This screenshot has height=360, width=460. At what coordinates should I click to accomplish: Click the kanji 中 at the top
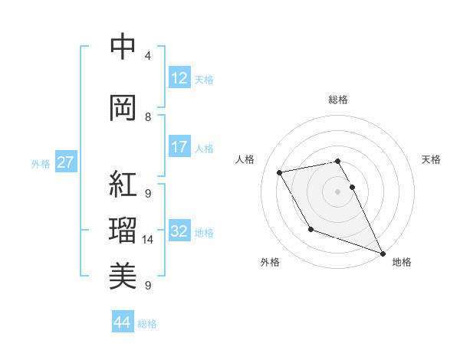(x=123, y=47)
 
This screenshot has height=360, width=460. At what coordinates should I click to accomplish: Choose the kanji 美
(x=123, y=274)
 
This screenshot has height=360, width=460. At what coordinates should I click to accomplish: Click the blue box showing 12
(x=179, y=78)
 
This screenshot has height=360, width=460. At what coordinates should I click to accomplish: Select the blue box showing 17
(x=179, y=147)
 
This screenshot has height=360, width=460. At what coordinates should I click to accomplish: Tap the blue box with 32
(x=179, y=232)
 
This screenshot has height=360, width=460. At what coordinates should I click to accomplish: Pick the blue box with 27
(x=66, y=162)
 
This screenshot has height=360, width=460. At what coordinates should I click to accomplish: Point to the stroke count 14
(x=148, y=240)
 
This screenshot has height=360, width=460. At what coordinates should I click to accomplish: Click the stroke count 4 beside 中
(x=148, y=56)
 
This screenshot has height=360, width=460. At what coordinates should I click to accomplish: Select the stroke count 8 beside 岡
(x=148, y=117)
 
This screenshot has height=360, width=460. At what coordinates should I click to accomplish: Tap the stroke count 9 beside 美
(x=148, y=286)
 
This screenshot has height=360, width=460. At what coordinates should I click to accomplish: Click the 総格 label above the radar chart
(x=338, y=100)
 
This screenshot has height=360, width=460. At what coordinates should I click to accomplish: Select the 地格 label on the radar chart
(x=402, y=262)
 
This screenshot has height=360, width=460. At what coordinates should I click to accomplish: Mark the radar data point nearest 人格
(x=280, y=172)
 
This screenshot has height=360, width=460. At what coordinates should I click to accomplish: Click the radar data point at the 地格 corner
(x=383, y=254)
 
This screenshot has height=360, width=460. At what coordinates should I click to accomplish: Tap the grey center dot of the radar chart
(x=338, y=191)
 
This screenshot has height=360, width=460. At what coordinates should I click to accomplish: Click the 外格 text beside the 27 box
(x=40, y=163)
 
